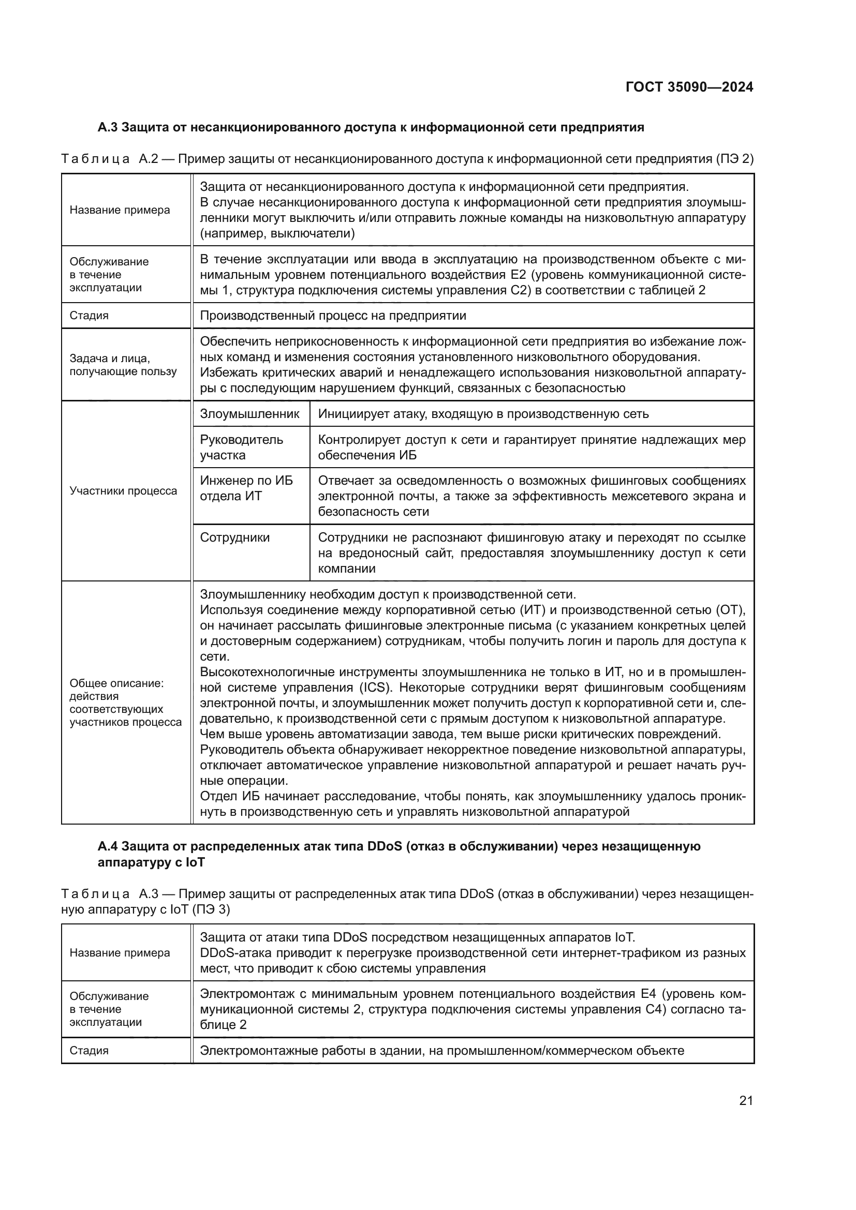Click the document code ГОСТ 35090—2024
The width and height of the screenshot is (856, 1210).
coord(689,87)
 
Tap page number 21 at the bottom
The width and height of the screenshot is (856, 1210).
coord(746,1100)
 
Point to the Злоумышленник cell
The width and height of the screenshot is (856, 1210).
coord(249,414)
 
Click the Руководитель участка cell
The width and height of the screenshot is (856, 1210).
coord(241,447)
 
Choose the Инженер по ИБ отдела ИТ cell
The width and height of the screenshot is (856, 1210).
coord(246,488)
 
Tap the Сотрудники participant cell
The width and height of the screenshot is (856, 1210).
coord(234,537)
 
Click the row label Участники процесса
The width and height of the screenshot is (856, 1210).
coord(123,491)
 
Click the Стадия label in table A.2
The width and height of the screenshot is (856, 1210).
coord(89,316)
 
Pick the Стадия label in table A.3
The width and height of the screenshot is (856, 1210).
coord(89,1050)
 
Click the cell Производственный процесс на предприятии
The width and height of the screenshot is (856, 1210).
coord(333,316)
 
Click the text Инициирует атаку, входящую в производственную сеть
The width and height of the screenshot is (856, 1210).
coord(483,414)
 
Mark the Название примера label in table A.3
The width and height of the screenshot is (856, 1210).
coord(120,953)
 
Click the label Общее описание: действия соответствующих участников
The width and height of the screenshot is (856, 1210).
coord(125,703)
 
